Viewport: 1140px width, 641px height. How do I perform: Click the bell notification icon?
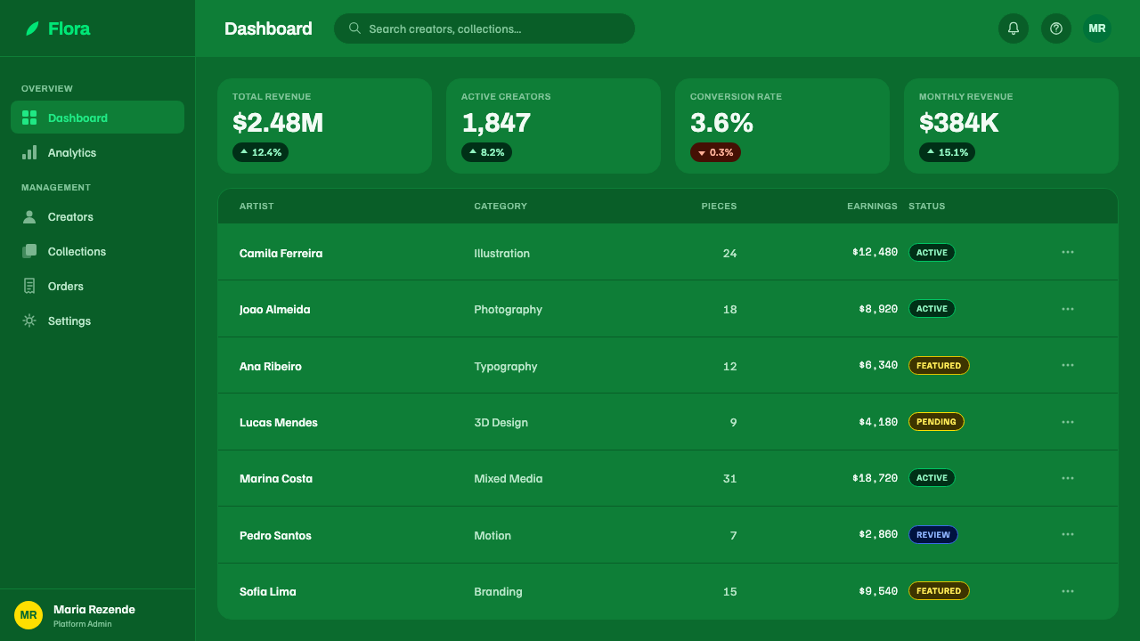pyautogui.click(x=1014, y=28)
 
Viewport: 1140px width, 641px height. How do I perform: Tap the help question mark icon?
pyautogui.click(x=1056, y=28)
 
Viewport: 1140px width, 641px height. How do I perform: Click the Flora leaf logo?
pyautogui.click(x=32, y=28)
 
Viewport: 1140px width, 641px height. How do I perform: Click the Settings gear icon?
pyautogui.click(x=29, y=320)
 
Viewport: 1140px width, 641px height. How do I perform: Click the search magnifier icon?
pyautogui.click(x=354, y=28)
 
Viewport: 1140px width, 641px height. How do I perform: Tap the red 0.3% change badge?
pyautogui.click(x=715, y=152)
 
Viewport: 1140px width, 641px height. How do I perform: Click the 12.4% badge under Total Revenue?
pyautogui.click(x=260, y=152)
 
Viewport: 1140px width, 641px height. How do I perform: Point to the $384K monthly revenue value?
pyautogui.click(x=958, y=123)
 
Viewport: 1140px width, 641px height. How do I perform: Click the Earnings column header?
pyautogui.click(x=872, y=206)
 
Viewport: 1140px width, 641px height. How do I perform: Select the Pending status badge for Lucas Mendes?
pyautogui.click(x=936, y=422)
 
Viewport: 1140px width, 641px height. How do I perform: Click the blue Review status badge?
pyautogui.click(x=932, y=535)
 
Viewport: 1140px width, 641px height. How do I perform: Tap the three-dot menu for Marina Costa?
pyautogui.click(x=1068, y=478)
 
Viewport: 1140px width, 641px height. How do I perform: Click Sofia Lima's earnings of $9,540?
pyautogui.click(x=878, y=591)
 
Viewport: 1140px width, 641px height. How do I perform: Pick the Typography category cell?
pyautogui.click(x=505, y=366)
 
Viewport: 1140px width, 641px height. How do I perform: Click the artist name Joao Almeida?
pyautogui.click(x=274, y=309)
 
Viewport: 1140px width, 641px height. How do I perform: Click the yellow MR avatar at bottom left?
pyautogui.click(x=28, y=615)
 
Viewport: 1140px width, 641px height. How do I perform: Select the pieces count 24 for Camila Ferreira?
pyautogui.click(x=729, y=254)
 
